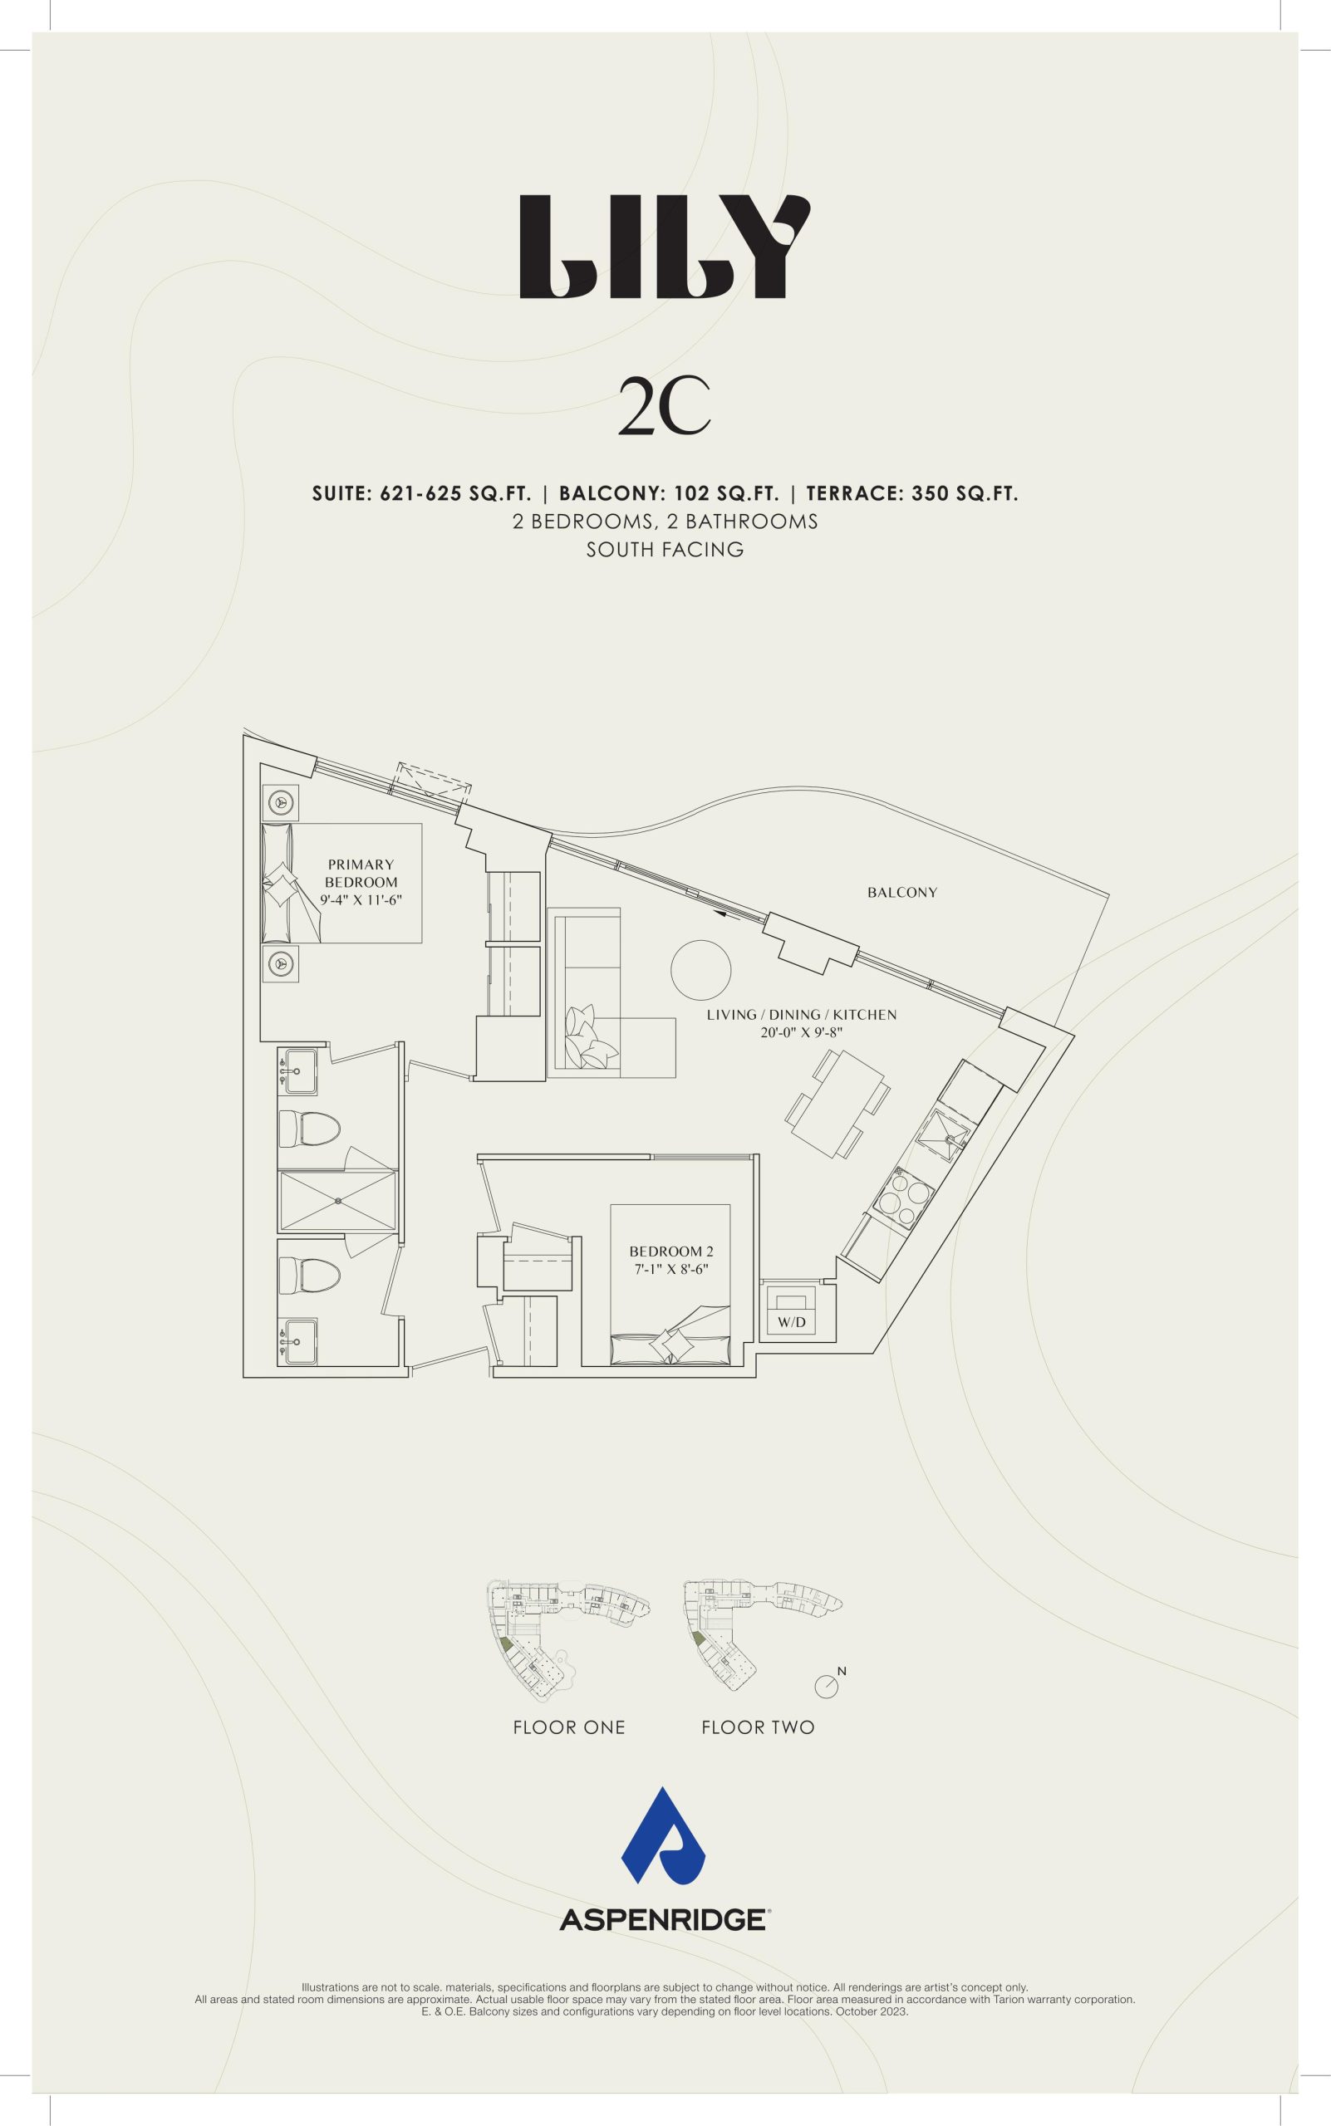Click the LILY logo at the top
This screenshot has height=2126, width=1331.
pos(665,247)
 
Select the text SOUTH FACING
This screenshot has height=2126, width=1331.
pos(665,550)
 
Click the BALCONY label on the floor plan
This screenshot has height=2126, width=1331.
pos(902,892)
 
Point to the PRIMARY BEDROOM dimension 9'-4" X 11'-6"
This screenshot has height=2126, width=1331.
pos(361,900)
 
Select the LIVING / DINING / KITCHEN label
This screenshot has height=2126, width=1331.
pos(802,1015)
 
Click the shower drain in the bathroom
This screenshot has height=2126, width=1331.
pos(338,1200)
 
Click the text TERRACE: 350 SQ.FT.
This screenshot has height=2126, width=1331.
pos(912,493)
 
